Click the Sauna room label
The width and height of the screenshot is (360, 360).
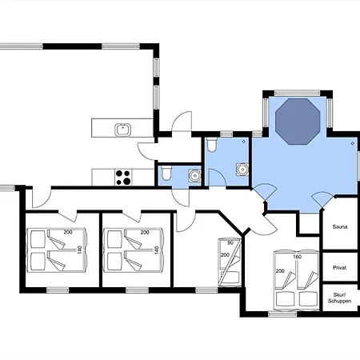[x=340, y=226]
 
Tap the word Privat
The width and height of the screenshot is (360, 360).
[x=339, y=267]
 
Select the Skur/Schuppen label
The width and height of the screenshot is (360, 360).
[x=339, y=298]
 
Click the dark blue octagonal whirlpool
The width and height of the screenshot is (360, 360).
[x=298, y=122]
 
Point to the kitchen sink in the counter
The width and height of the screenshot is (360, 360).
[x=123, y=130]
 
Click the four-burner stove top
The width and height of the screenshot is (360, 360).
[x=123, y=178]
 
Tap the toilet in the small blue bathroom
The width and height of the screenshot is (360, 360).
[x=166, y=173]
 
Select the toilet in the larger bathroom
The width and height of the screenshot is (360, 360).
[x=212, y=145]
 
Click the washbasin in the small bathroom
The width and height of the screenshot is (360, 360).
[x=195, y=175]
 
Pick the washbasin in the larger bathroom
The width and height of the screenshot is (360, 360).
[x=242, y=169]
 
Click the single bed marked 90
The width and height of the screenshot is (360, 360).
[x=230, y=262]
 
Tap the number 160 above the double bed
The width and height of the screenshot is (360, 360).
[x=297, y=257]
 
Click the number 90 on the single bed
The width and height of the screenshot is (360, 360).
[x=230, y=243]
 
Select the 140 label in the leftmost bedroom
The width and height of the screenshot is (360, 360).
[x=79, y=250]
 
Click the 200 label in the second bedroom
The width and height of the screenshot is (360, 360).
[x=145, y=232]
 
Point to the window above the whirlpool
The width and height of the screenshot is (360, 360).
[x=298, y=93]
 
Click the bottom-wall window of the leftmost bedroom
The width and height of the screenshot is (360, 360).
[x=58, y=290]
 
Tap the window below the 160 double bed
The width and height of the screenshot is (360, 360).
[x=282, y=314]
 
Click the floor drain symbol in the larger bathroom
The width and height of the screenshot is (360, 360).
[x=243, y=142]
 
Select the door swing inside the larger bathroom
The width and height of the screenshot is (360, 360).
[x=218, y=178]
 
